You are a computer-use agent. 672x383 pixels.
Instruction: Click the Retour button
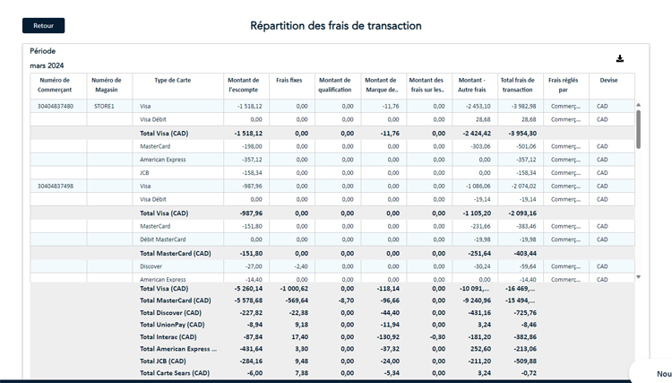[43, 26]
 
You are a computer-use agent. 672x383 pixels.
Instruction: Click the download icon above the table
[619, 59]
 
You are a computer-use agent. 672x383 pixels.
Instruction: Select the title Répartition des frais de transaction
[336, 26]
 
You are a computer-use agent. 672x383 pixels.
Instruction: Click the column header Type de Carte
[172, 81]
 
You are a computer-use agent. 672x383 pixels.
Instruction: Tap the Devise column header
[608, 81]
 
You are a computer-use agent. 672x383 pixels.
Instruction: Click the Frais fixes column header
[289, 81]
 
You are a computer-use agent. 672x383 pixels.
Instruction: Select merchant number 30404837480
[56, 106]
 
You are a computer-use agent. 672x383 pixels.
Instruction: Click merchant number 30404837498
[56, 187]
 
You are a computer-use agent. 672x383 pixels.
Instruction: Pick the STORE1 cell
[104, 106]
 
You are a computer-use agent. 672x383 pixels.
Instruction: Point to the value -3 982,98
[518, 106]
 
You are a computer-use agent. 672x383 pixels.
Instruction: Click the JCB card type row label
[144, 173]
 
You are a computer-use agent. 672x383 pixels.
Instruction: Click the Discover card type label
[151, 266]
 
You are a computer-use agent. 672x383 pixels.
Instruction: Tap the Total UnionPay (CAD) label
[172, 325]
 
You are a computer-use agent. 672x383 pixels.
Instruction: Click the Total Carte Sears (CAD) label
[174, 373]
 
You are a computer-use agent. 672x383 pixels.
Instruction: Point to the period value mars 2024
[47, 65]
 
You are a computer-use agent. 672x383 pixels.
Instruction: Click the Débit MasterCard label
[163, 239]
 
